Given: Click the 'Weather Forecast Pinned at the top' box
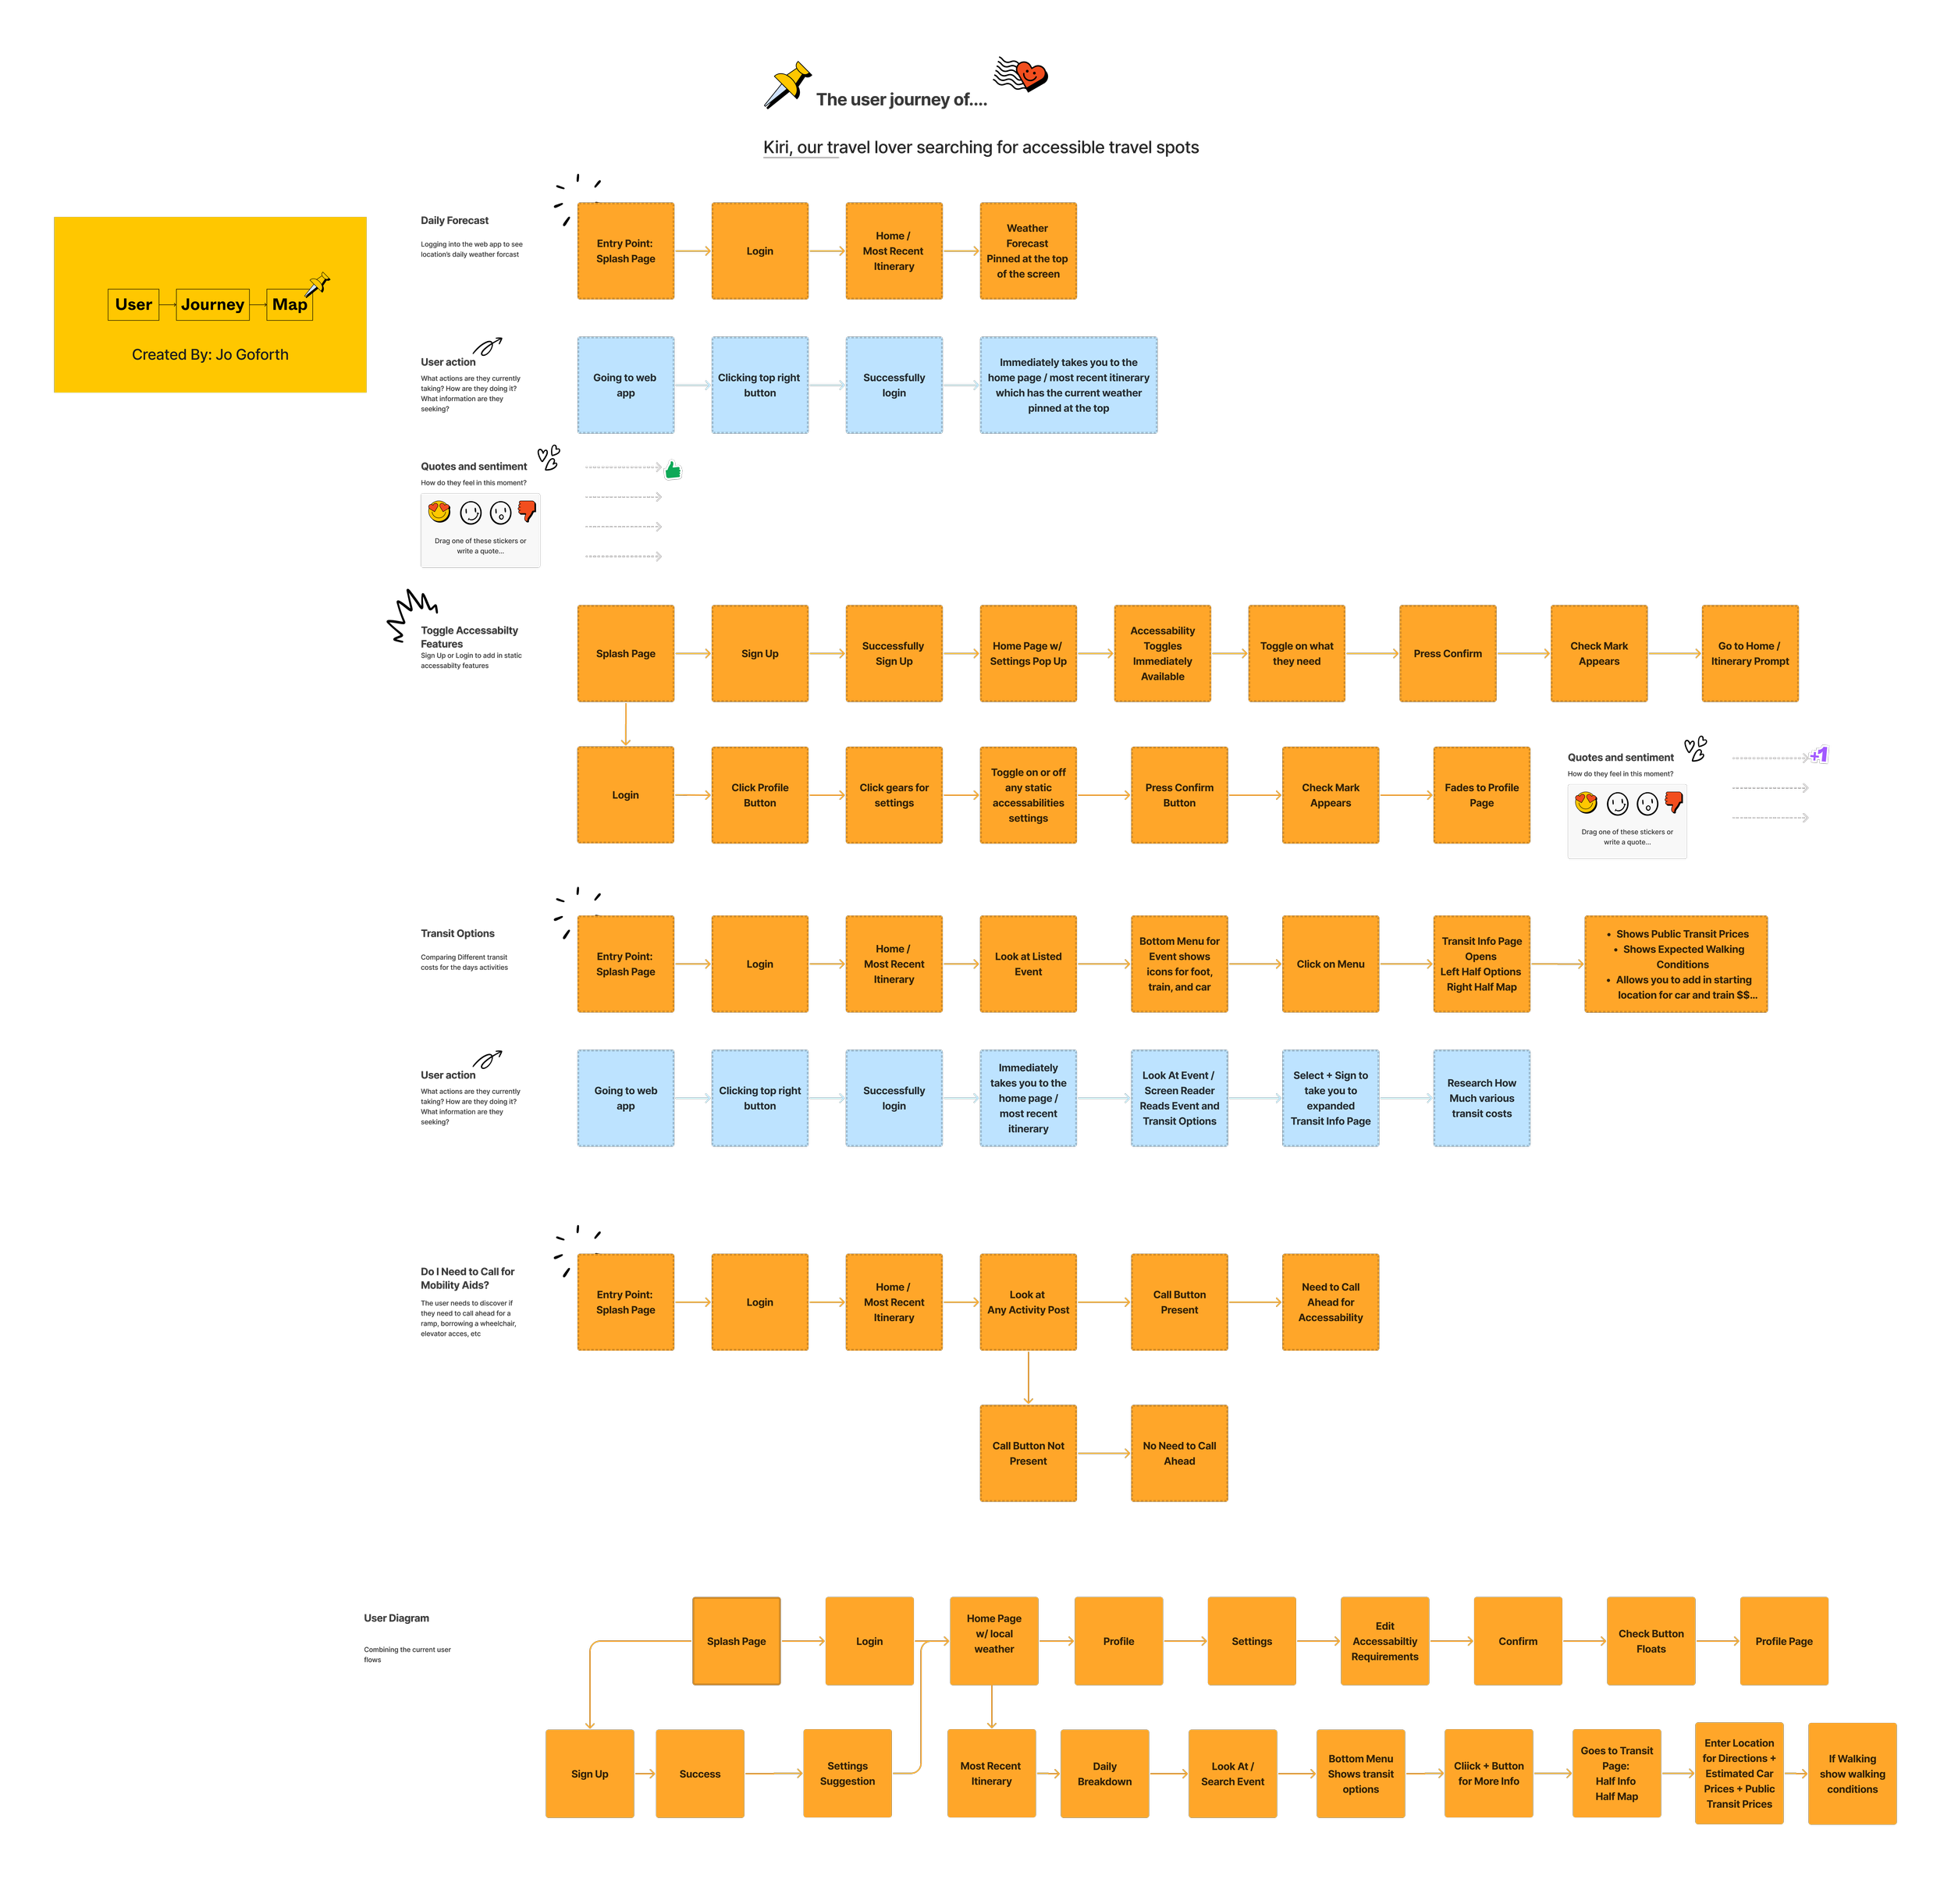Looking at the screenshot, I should pyautogui.click(x=1027, y=250).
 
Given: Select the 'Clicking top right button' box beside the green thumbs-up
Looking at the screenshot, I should pyautogui.click(x=759, y=385).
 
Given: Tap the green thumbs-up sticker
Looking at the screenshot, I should pyautogui.click(x=674, y=469).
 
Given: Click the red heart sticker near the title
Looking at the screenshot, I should pyautogui.click(x=1030, y=73).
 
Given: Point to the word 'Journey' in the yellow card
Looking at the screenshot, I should pyautogui.click(x=212, y=304).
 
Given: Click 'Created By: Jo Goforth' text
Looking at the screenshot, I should pyautogui.click(x=210, y=354).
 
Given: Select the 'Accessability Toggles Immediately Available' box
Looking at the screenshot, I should pyautogui.click(x=1162, y=654).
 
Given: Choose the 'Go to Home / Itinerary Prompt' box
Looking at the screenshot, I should pyautogui.click(x=1749, y=654).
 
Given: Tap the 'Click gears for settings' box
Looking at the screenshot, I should pyautogui.click(x=894, y=795).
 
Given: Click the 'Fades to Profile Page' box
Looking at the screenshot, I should pyautogui.click(x=1481, y=795).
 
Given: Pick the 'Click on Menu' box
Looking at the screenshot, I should pyautogui.click(x=1330, y=964).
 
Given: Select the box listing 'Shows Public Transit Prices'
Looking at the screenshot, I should pyautogui.click(x=1676, y=964).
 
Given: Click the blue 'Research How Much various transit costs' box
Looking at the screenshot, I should pyautogui.click(x=1481, y=1099).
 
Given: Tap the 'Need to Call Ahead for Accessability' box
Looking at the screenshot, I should pyautogui.click(x=1330, y=1302).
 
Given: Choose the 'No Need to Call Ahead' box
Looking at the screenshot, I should pyautogui.click(x=1178, y=1453).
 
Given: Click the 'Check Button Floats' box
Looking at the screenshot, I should pyautogui.click(x=1651, y=1641).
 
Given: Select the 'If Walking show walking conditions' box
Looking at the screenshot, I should pyautogui.click(x=1851, y=1774).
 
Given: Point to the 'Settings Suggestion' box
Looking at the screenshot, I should pyautogui.click(x=847, y=1774).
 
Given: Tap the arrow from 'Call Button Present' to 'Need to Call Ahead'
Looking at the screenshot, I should pyautogui.click(x=1255, y=1302).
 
